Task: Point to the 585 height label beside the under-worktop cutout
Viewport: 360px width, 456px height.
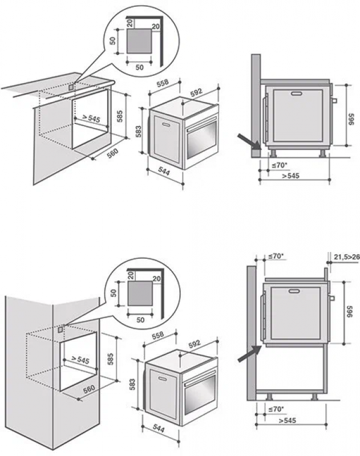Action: point(119,116)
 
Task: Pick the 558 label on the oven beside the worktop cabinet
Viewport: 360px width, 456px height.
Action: point(163,84)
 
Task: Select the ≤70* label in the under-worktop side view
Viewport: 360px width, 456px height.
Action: point(278,165)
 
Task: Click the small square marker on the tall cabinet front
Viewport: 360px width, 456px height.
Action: point(60,329)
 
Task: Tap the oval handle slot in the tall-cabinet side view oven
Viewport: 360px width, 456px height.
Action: point(294,291)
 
